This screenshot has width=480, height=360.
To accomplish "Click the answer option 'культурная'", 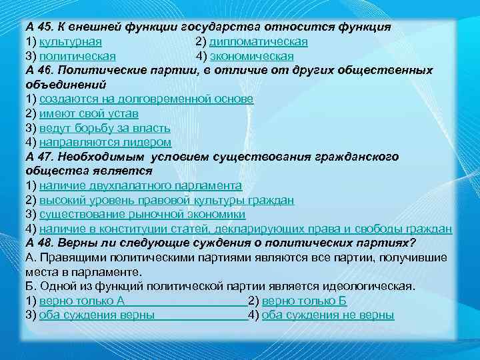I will click(68, 41).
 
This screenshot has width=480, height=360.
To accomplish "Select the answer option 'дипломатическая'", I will click(259, 41).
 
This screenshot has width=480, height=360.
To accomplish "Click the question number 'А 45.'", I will click(41, 27).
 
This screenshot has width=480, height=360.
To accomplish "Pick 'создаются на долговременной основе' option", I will click(146, 99).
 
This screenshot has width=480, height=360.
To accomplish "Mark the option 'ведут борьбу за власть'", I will click(105, 128).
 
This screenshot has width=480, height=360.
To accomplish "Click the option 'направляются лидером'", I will click(105, 142).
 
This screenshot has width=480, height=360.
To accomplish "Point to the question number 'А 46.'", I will click(41, 70).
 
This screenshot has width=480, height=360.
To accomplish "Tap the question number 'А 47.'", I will click(41, 157).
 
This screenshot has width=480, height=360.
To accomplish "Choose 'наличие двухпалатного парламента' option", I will click(140, 185).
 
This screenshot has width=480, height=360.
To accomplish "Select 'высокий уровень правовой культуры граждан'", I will click(167, 200).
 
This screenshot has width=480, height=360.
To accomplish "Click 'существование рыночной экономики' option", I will click(142, 215).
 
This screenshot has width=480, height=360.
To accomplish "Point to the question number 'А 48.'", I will click(41, 243).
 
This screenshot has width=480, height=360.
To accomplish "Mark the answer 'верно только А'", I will click(82, 301).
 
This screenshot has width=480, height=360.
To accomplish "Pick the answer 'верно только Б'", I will click(304, 301).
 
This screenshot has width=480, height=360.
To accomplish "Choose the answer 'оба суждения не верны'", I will click(328, 315).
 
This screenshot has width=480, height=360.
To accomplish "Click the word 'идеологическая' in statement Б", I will click(371, 287).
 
